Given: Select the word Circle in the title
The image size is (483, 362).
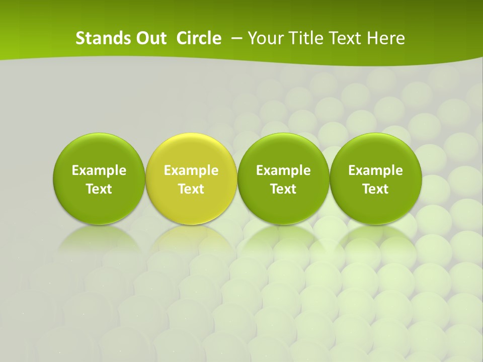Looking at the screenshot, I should (199, 38).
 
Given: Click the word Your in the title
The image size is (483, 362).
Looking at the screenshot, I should (265, 38).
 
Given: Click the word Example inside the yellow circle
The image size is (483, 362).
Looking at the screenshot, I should (191, 170).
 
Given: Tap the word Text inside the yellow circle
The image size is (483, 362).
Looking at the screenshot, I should (191, 189).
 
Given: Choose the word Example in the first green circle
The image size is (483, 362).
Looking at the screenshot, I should (99, 170).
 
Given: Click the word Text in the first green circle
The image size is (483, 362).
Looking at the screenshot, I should (99, 189).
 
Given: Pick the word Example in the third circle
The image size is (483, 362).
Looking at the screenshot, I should (283, 170).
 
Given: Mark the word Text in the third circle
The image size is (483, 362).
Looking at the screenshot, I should (283, 189).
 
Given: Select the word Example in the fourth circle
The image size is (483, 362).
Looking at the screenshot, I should (375, 170).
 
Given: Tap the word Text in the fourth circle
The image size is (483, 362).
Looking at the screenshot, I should (375, 189).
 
